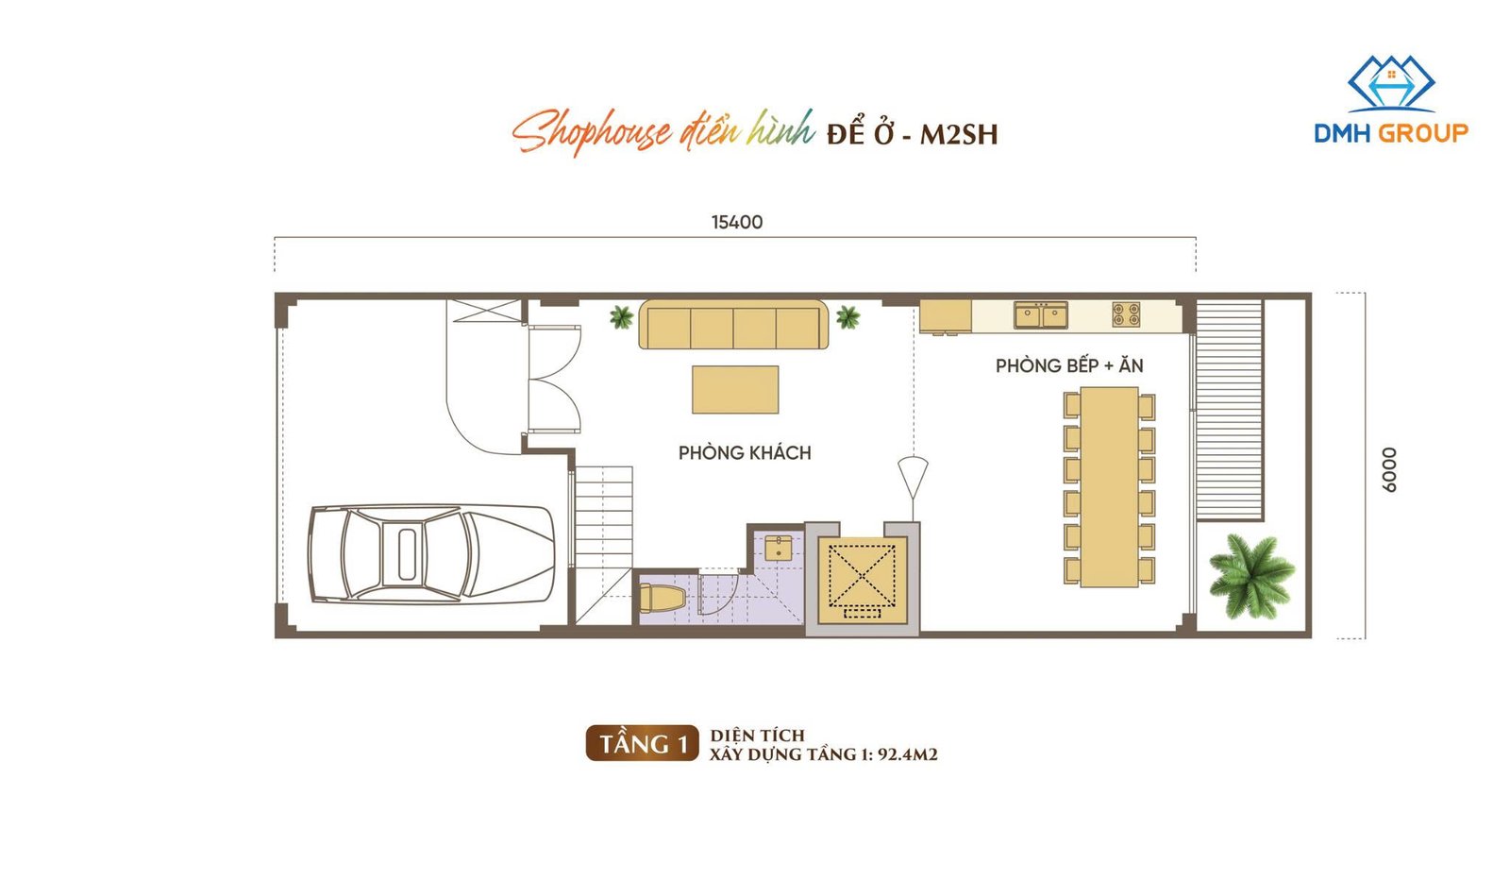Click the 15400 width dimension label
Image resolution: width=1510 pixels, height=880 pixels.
[x=737, y=222]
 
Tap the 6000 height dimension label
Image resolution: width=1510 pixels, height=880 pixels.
[x=1388, y=469]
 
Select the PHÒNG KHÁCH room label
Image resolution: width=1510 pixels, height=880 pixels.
[x=745, y=452]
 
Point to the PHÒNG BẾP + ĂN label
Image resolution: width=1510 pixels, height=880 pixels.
[x=1069, y=365]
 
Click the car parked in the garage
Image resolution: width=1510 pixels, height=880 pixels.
[x=431, y=553]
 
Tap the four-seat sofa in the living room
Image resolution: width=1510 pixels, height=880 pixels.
[x=733, y=325]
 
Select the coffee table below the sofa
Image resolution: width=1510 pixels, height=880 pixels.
[x=735, y=390]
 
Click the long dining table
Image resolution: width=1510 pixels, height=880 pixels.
[x=1110, y=487]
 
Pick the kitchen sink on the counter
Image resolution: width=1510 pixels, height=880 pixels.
[x=1041, y=315]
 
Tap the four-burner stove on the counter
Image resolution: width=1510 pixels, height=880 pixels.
[x=1126, y=315]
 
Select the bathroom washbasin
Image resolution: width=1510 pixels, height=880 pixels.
[x=779, y=548]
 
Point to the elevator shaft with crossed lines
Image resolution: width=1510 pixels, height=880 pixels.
[x=863, y=579]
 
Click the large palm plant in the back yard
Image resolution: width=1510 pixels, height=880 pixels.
[x=1251, y=576]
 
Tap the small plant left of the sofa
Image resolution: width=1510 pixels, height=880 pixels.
[x=622, y=317]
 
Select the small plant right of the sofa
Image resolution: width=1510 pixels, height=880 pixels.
[x=848, y=317]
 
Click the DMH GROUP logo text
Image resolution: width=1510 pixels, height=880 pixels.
[x=1391, y=133]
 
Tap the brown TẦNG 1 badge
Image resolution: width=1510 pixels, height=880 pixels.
[x=643, y=743]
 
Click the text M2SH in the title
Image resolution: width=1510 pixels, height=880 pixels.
[x=959, y=135]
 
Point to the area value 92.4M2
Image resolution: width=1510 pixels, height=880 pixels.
[x=908, y=753]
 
